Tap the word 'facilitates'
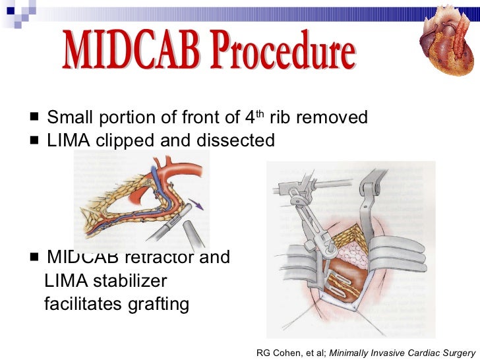(x=83, y=304)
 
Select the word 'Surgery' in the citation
(x=456, y=353)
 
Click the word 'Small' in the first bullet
(x=70, y=118)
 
